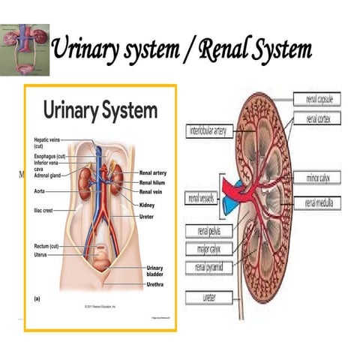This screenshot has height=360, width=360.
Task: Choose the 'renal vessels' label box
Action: tap(200, 199)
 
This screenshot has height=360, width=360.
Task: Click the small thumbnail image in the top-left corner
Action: tap(25, 49)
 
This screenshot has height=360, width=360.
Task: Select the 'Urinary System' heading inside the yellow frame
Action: tap(100, 111)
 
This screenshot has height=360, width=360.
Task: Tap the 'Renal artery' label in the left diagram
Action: tap(153, 172)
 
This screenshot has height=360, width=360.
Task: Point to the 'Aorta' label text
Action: tap(41, 193)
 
